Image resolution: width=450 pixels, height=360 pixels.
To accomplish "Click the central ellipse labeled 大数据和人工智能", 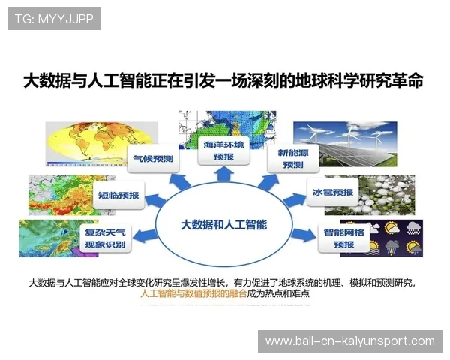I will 224,224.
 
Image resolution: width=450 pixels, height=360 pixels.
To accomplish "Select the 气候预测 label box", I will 153,159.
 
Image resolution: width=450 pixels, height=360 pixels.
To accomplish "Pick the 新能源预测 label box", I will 289,159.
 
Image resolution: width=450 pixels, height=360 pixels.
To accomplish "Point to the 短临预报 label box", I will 118,195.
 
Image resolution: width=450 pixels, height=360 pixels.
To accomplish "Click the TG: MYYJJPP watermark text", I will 54,19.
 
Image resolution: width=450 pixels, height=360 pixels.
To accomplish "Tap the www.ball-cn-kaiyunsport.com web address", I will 350,341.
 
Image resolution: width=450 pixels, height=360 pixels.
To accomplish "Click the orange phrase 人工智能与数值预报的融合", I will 193,293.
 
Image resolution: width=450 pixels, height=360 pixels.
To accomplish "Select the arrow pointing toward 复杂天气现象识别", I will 144,235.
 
